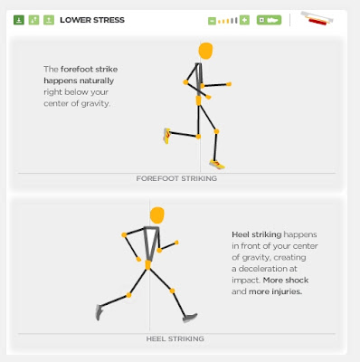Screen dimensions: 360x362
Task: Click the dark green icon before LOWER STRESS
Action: pyautogui.click(x=19, y=20)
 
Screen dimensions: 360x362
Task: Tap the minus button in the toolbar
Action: pyautogui.click(x=212, y=21)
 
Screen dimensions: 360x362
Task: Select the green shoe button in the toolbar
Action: pyautogui.click(x=269, y=20)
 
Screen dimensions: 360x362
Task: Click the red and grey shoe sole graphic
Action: pyautogui.click(x=317, y=18)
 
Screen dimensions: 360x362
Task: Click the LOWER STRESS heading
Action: pyautogui.click(x=92, y=20)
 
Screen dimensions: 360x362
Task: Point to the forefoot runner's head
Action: pyautogui.click(x=205, y=51)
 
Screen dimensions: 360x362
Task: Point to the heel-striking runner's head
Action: pyautogui.click(x=157, y=215)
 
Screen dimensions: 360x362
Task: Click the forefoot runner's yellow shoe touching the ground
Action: pyautogui.click(x=217, y=165)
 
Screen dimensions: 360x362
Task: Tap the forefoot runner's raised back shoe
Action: pyautogui.click(x=166, y=136)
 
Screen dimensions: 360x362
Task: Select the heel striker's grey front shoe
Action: pyautogui.click(x=190, y=318)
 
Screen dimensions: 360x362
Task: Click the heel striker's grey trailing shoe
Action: pyautogui.click(x=99, y=312)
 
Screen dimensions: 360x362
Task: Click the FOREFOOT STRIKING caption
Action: pyautogui.click(x=176, y=178)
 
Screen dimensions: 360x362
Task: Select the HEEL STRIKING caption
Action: pyautogui.click(x=175, y=338)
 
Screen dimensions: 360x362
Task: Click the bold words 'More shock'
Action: pyautogui.click(x=286, y=281)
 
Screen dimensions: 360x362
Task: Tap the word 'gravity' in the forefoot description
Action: pyautogui.click(x=97, y=104)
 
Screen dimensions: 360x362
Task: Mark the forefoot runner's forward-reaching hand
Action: pyautogui.click(x=229, y=84)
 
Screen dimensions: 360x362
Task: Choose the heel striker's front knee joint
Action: pyautogui.click(x=172, y=291)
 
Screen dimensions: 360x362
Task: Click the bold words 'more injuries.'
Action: pyautogui.click(x=275, y=291)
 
